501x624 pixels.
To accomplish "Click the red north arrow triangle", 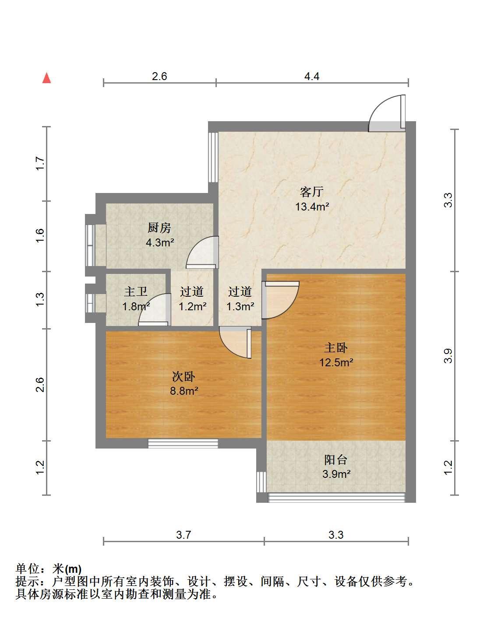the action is click(46, 78).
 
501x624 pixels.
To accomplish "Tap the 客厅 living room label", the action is click(312, 192).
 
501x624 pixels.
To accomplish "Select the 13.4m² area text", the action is click(312, 207).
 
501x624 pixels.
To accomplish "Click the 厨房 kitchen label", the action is click(159, 228).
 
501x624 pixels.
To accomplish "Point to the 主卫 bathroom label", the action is click(136, 291).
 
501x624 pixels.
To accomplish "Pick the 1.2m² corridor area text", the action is click(192, 306).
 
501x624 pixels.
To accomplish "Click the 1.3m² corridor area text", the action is click(240, 306).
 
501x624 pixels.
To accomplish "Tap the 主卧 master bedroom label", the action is click(336, 348).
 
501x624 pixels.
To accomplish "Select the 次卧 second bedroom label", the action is click(183, 377).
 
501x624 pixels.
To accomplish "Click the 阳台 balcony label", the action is click(336, 459).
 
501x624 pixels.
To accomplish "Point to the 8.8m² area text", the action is click(184, 391).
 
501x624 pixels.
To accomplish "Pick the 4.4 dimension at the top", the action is click(312, 76).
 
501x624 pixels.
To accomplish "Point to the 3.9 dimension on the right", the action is click(448, 356).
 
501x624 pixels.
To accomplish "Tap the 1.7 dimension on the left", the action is click(40, 163).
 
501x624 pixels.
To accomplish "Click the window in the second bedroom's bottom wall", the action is click(183, 444).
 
